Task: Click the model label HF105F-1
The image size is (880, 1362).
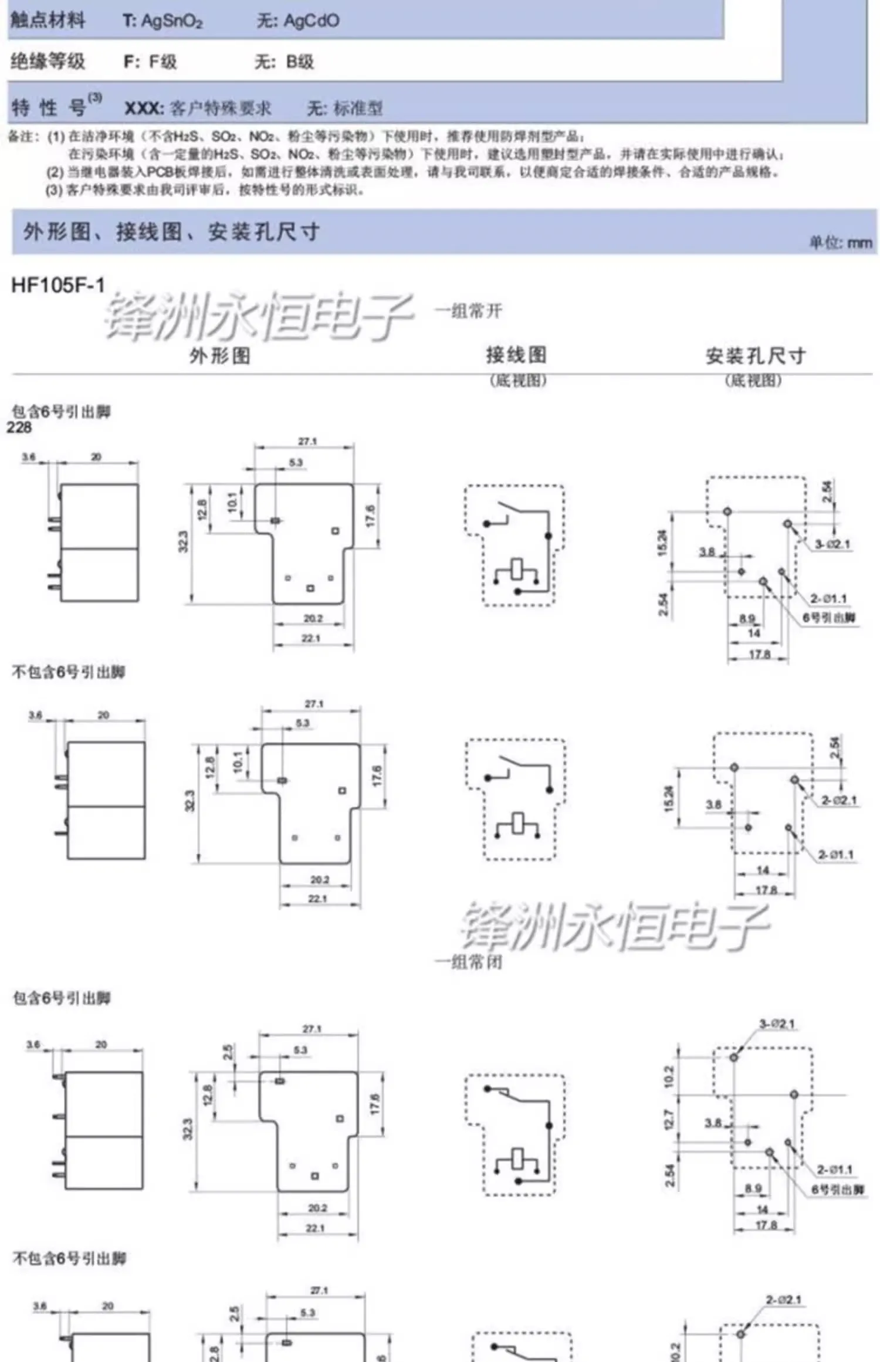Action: coord(57,285)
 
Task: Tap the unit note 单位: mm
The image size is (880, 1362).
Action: coord(840,242)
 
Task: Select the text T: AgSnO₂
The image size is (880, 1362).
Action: coord(163,22)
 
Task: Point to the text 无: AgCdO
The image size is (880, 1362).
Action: coord(297,21)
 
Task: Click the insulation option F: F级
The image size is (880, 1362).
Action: coord(150,62)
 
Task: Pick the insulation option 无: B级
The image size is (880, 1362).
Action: coord(284,62)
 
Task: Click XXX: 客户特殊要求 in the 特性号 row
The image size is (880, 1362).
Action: coord(198,109)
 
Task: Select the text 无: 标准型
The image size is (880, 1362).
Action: coord(345,109)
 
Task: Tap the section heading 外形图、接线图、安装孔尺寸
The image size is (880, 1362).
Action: coord(171,232)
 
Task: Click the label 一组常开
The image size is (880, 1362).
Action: coord(468,310)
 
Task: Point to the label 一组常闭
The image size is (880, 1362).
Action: coord(468,962)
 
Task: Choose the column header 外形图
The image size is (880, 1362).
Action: coord(219,355)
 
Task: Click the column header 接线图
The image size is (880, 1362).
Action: coord(516,354)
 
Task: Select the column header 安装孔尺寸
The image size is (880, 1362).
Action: coord(755,355)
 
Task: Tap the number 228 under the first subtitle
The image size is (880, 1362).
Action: coord(19,428)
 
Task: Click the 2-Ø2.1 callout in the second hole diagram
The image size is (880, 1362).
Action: coord(838,800)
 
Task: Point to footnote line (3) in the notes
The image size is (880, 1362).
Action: coord(205,190)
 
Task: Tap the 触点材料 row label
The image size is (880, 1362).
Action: coord(48,21)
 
